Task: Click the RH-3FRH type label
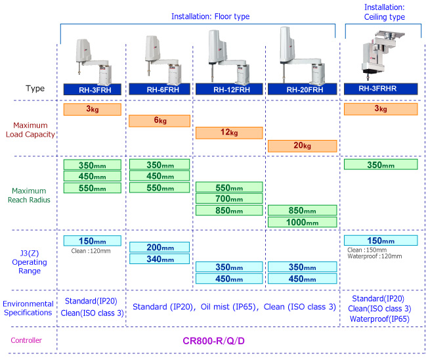pos(93,89)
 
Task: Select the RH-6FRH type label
pos(160,89)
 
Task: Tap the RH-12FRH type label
pos(226,89)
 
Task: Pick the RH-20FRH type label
pos(303,89)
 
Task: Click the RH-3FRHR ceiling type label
pos(381,87)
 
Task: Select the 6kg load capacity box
pos(160,121)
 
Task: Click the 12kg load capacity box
pos(226,133)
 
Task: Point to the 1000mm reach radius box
pos(303,223)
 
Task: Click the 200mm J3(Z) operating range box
pos(160,247)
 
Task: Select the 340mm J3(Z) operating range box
pos(160,259)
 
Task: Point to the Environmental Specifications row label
pos(28,308)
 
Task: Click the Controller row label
pos(27,341)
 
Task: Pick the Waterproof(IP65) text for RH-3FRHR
pos(381,319)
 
